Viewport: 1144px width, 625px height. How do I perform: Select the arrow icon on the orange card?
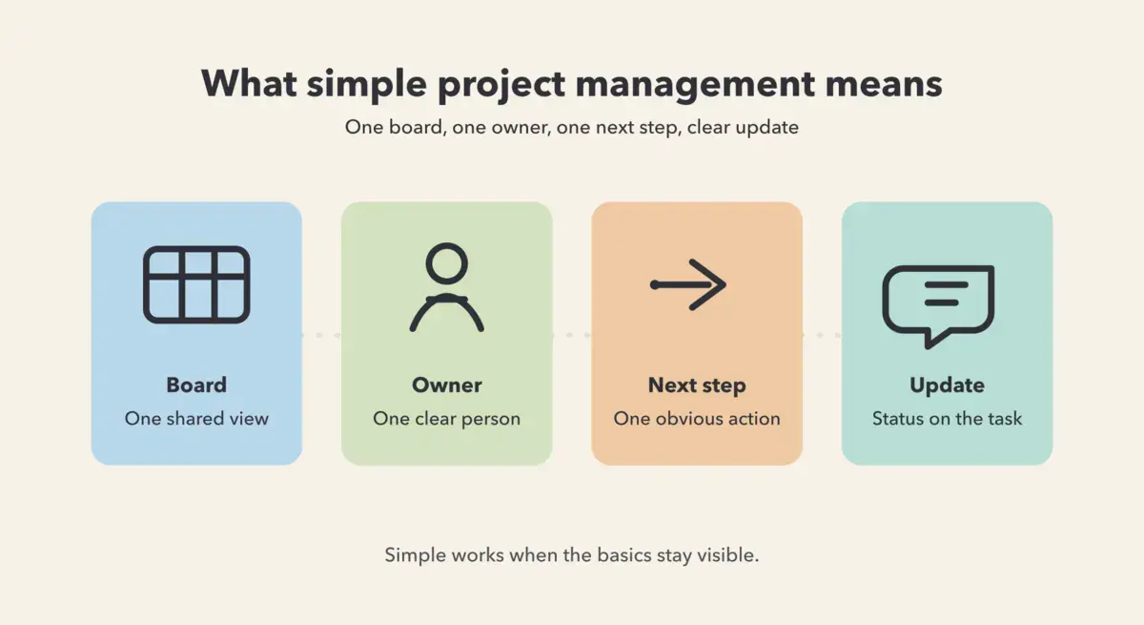point(688,284)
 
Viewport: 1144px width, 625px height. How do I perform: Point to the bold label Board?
point(196,385)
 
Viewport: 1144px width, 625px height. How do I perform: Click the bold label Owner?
point(447,385)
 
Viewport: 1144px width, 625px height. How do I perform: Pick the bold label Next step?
point(697,385)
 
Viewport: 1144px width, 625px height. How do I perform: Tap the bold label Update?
point(948,385)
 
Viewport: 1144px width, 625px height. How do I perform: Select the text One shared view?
point(196,419)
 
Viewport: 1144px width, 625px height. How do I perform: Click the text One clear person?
point(447,419)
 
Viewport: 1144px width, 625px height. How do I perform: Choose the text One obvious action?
point(697,419)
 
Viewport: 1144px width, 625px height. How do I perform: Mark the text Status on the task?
point(948,419)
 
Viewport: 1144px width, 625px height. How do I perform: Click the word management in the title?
point(695,84)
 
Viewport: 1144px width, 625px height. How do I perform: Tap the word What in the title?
point(249,83)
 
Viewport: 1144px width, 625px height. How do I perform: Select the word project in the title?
point(501,85)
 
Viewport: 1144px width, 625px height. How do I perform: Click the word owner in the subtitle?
point(521,127)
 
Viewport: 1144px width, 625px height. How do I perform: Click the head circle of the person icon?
point(447,263)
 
